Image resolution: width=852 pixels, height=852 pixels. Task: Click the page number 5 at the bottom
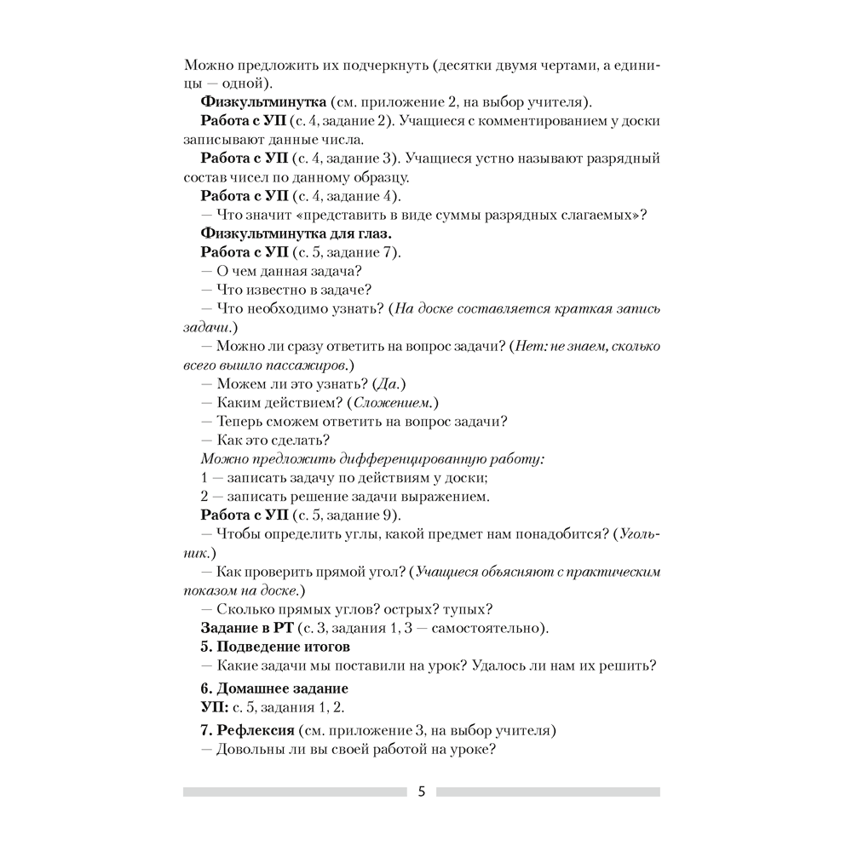tap(421, 792)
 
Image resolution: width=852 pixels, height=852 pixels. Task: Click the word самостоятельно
tap(487, 628)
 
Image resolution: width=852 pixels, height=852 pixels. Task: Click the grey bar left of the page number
tap(294, 792)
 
